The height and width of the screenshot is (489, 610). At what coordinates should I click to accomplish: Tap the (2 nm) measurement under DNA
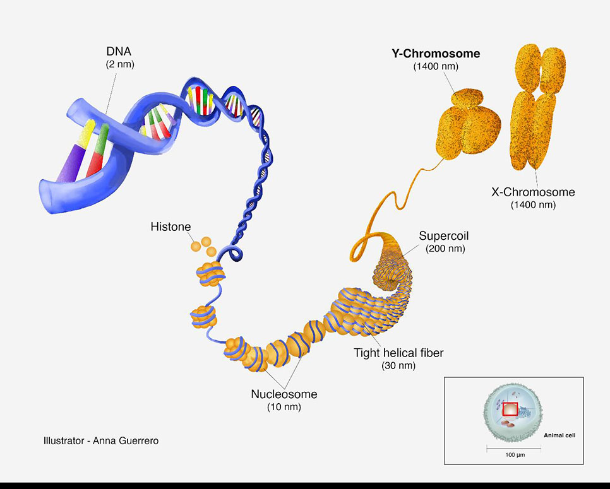pyautogui.click(x=119, y=65)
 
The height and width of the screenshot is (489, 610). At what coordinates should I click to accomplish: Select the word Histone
pyautogui.click(x=170, y=226)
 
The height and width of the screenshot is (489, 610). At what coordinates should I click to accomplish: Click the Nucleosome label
pyautogui.click(x=284, y=395)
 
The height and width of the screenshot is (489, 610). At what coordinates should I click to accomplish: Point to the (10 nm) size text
pyautogui.click(x=284, y=407)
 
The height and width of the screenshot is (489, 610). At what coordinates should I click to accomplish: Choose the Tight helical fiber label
pyautogui.click(x=398, y=353)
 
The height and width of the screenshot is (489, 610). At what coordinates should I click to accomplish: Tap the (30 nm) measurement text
pyautogui.click(x=398, y=365)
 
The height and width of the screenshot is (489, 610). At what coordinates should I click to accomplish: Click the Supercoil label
pyautogui.click(x=444, y=237)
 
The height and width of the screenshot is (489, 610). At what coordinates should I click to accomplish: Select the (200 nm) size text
pyautogui.click(x=444, y=249)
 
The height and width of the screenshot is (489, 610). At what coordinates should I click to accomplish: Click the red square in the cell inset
pyautogui.click(x=510, y=409)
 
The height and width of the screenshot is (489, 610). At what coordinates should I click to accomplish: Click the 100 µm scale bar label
pyautogui.click(x=513, y=454)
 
